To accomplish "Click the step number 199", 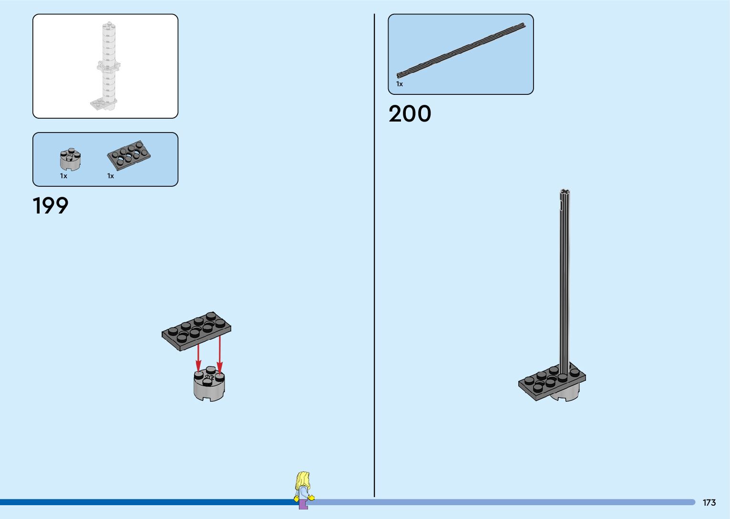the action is (51, 206).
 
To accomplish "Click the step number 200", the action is (410, 114).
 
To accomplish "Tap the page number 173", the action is (709, 503).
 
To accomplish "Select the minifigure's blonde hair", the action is (302, 479).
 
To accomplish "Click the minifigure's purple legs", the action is (303, 504).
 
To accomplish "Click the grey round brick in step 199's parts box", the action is (70, 159).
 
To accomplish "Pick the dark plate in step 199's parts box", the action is (129, 154).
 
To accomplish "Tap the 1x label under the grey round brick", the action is (63, 176).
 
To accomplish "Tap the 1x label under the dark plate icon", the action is (111, 176).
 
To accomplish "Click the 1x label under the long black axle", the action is (400, 84).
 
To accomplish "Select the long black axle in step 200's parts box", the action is (461, 50).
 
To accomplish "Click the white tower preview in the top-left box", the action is (108, 67).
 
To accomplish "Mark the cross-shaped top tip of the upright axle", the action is (565, 193).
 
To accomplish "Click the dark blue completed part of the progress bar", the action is (143, 502).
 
